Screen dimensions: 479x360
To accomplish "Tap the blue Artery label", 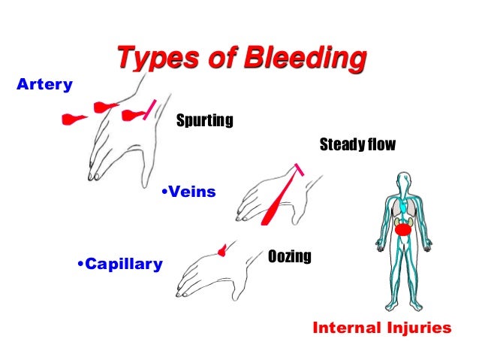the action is pyautogui.click(x=44, y=84).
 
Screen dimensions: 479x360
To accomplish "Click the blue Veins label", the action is pyautogui.click(x=191, y=192).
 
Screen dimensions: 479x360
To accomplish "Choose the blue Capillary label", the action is pyautogui.click(x=124, y=264).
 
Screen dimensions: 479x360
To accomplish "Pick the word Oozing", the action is pyautogui.click(x=289, y=257).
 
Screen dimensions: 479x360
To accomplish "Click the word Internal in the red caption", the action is pyautogui.click(x=346, y=328).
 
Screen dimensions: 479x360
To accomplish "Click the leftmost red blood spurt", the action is pyautogui.click(x=74, y=119).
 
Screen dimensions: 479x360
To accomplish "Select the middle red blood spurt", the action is pyautogui.click(x=102, y=107).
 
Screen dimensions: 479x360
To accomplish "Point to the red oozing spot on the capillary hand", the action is pyautogui.click(x=221, y=249).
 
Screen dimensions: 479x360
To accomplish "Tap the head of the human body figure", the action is pyautogui.click(x=405, y=181).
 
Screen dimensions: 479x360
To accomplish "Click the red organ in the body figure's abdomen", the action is pyautogui.click(x=405, y=228).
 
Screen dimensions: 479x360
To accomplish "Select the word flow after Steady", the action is pyautogui.click(x=380, y=144).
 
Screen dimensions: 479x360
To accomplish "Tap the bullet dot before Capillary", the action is pyautogui.click(x=80, y=264).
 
